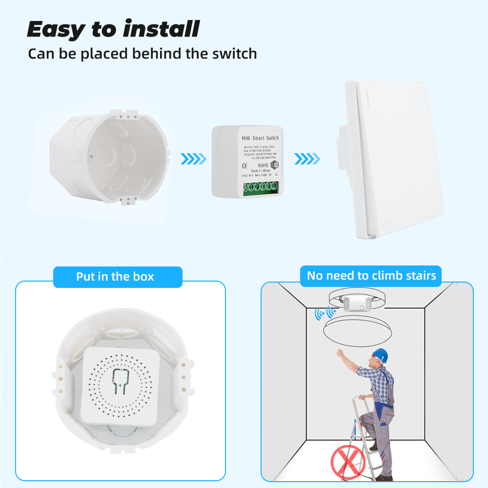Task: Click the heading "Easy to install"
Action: coord(113,29)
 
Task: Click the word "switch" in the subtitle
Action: coord(233,53)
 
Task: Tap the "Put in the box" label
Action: coord(115,277)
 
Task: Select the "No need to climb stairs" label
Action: coord(371,275)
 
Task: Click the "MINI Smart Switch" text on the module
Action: coord(260,138)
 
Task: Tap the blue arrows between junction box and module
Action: coord(194,159)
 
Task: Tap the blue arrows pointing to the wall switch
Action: coord(307,159)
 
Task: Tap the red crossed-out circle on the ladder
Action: coord(348,460)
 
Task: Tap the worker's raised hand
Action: coord(339,353)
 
